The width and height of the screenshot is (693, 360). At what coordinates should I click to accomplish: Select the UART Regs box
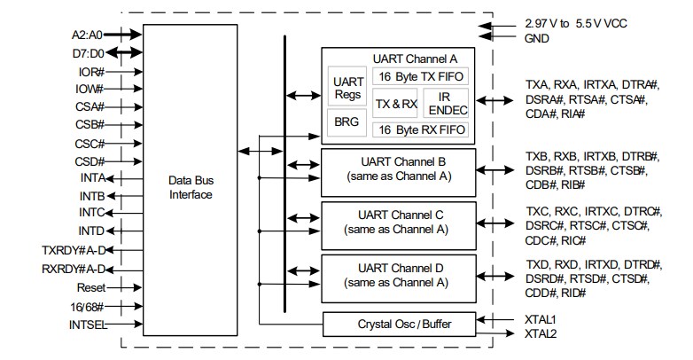(346, 86)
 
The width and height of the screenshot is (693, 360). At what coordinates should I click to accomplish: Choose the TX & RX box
(395, 103)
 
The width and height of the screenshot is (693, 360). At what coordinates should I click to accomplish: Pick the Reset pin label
(90, 288)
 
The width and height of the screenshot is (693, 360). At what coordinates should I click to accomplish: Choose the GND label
(536, 38)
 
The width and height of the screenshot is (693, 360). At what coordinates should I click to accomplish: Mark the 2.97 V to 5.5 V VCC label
(575, 23)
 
